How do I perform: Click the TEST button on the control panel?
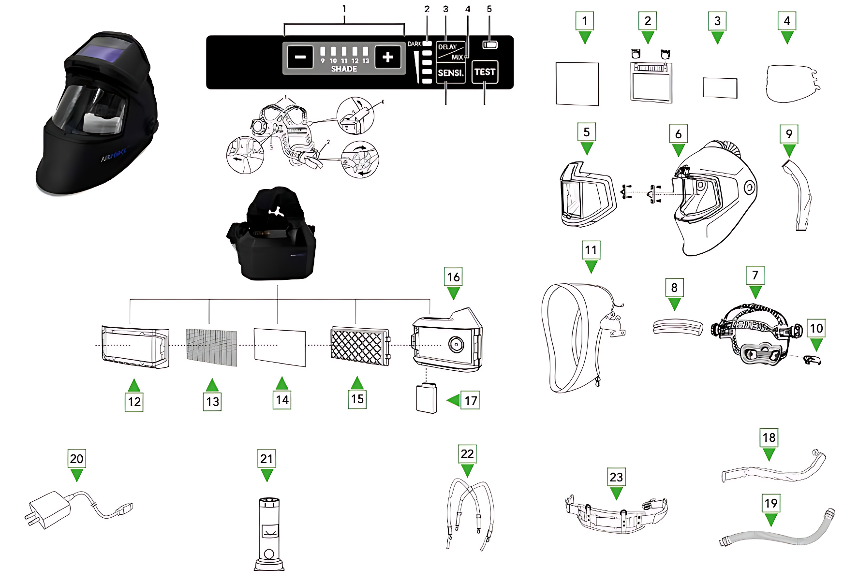point(485,72)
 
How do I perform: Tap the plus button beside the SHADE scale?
point(387,58)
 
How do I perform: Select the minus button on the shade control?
point(300,58)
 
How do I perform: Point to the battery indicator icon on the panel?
point(490,45)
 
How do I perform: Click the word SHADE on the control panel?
point(344,69)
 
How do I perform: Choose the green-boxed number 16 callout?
point(453,277)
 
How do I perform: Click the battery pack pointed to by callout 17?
point(426,398)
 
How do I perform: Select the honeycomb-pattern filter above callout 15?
point(359,346)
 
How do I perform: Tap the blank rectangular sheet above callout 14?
point(280,347)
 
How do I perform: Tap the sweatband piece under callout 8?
point(677,327)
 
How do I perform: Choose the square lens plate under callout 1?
point(577,84)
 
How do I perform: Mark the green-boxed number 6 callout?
point(678,134)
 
